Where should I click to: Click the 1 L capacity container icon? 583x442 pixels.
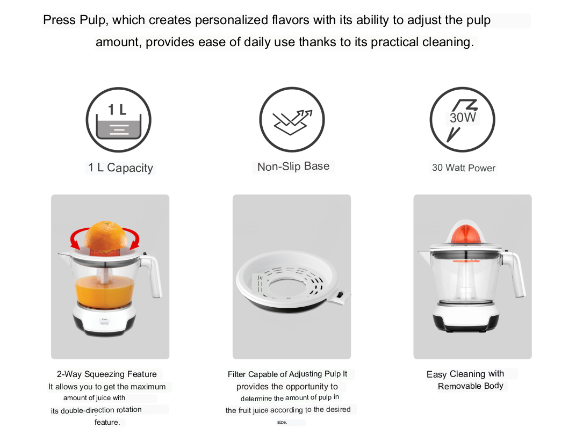(119, 120)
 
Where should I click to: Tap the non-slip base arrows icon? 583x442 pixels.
(292, 120)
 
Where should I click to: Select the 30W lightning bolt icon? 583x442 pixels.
(463, 120)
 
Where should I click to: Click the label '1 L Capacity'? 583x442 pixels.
(120, 168)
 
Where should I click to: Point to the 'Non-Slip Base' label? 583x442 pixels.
(293, 166)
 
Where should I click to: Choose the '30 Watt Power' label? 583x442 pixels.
(464, 168)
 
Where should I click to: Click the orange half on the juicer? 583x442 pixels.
(106, 236)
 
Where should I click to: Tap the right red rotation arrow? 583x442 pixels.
(133, 238)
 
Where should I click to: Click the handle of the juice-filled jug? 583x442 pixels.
(153, 276)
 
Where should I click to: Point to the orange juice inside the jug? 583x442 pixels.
(104, 292)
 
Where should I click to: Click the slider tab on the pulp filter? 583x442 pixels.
(341, 296)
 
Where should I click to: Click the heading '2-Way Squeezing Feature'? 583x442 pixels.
(107, 374)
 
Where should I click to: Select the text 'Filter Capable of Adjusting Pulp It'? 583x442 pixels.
(287, 374)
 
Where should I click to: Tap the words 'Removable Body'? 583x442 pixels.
(471, 386)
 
